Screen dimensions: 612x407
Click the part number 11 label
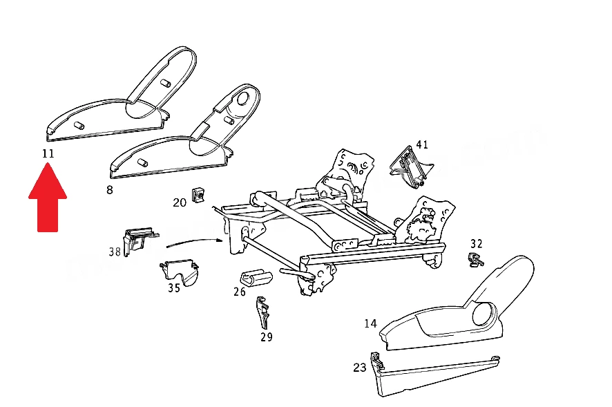(48, 153)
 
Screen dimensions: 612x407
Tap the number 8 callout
(110, 190)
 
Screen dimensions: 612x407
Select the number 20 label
(180, 202)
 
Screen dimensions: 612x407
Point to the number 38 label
(115, 252)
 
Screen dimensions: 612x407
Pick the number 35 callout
(174, 288)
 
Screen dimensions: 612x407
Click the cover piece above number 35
(179, 271)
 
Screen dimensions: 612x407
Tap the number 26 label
(240, 292)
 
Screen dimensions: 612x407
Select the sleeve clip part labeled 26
(256, 278)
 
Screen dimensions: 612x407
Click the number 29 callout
(267, 337)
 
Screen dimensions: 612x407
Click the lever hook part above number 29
(262, 312)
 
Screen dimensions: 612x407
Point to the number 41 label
(422, 145)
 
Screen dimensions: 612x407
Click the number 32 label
(477, 244)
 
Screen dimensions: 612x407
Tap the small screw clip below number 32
(475, 261)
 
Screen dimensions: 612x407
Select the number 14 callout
(371, 324)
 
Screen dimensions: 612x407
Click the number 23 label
(360, 368)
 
